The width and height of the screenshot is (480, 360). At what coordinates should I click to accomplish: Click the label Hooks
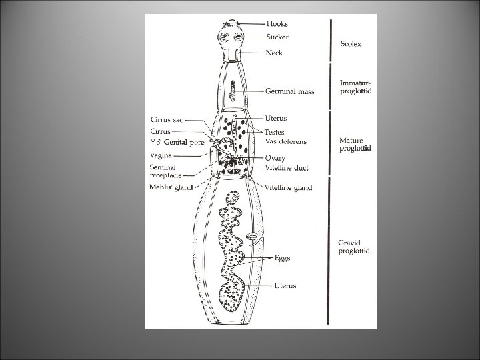[278, 23]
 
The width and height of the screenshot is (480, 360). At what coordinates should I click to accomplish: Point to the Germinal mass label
[290, 91]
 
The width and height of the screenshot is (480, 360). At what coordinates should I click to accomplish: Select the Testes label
[275, 132]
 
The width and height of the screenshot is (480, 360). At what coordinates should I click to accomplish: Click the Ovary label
[275, 157]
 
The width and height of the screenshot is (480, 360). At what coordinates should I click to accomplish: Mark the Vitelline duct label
[287, 167]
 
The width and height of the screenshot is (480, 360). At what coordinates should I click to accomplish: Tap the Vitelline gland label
[289, 188]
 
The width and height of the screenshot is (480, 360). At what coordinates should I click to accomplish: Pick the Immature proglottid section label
[357, 87]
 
